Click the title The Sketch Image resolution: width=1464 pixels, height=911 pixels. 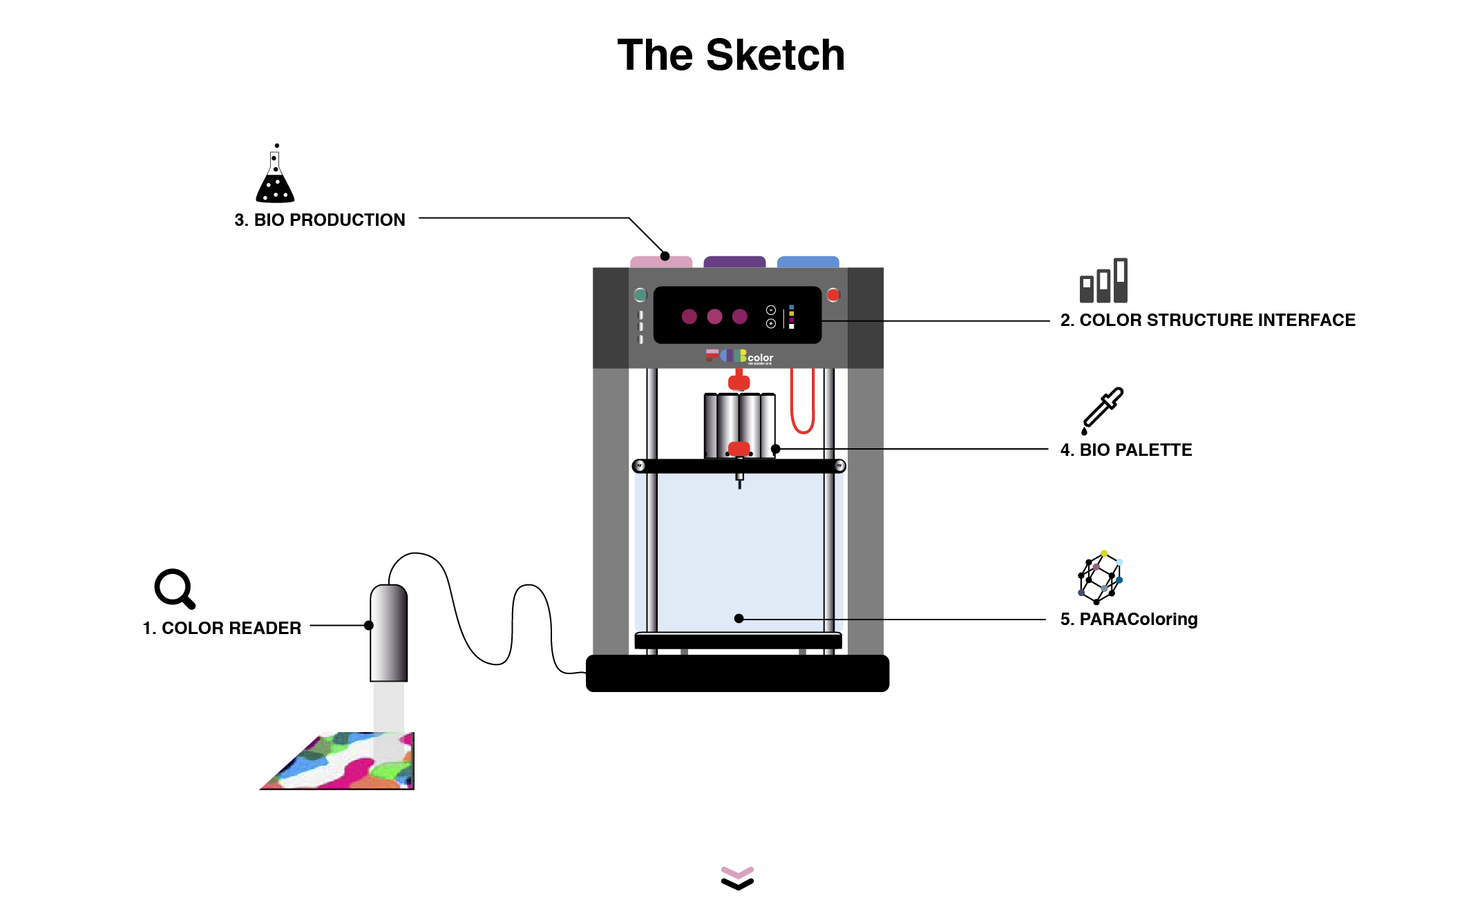(731, 55)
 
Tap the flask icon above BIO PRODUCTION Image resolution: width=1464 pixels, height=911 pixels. (275, 175)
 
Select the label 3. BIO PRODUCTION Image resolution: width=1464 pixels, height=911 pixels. (320, 220)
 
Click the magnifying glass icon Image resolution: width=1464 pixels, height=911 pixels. (174, 588)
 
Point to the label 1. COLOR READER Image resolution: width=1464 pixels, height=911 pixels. (222, 628)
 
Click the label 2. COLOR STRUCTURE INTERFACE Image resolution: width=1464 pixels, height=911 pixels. (1208, 320)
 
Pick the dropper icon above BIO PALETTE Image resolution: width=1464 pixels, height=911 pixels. (1103, 410)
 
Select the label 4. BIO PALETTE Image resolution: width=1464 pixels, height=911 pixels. (1126, 450)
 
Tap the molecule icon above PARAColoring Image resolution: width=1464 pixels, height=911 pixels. (1101, 577)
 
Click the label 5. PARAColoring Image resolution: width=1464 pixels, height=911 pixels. (1129, 619)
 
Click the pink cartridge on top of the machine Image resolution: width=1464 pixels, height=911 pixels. (660, 262)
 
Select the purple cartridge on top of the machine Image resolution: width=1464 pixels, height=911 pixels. (734, 262)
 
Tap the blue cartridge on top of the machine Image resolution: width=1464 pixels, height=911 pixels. (808, 262)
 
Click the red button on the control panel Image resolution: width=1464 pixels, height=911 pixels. (833, 295)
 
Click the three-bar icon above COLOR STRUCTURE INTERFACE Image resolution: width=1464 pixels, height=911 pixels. (1104, 281)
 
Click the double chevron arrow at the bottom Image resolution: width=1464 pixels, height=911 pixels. (737, 878)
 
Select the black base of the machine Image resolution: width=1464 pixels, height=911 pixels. (737, 673)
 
